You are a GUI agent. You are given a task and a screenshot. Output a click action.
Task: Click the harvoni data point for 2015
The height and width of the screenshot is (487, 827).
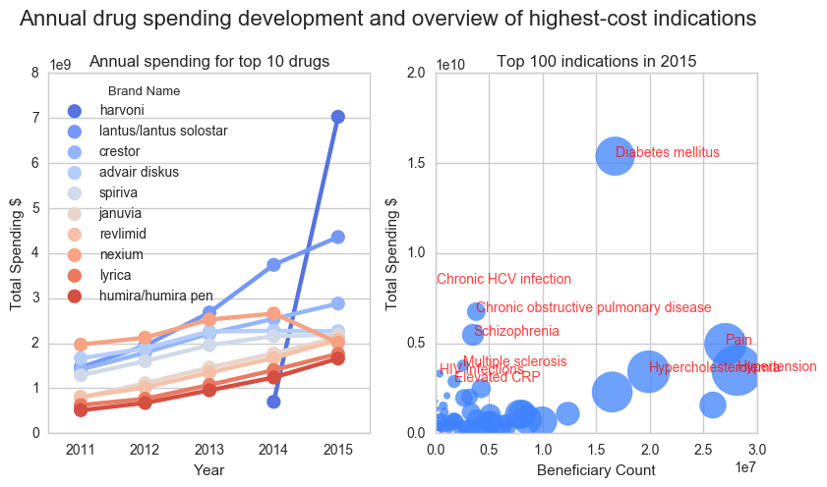pos(337,117)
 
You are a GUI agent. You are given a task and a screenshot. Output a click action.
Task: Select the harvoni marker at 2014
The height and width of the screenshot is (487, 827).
pos(273,401)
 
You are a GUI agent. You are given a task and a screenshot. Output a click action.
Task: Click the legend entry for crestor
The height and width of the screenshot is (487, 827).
pos(119,151)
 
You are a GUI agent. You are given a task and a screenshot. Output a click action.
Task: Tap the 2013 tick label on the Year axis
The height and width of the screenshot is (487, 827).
pos(209,450)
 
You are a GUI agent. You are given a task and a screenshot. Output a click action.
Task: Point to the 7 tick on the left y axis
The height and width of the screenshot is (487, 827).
pos(36,118)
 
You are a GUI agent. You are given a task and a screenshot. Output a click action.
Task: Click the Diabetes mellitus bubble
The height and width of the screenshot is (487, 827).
pos(615,155)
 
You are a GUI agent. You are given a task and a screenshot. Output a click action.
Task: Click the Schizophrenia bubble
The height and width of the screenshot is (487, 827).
pos(473,334)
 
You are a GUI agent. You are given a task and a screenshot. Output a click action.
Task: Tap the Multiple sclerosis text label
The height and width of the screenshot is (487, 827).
pos(514,362)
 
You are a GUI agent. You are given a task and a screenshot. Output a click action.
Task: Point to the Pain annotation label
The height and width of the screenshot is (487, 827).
pos(738,340)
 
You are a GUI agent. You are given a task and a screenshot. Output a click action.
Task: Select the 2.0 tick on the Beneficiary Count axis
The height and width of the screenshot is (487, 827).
pos(649,450)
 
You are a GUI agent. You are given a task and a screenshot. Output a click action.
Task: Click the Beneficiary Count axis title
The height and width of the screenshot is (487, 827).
pos(596,470)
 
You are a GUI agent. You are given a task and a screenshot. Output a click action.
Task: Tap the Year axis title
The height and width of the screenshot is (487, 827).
pos(209,470)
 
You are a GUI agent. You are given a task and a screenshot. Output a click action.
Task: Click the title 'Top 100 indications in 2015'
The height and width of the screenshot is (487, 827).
pos(597,61)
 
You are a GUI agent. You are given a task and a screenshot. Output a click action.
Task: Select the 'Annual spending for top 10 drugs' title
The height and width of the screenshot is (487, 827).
pos(209,61)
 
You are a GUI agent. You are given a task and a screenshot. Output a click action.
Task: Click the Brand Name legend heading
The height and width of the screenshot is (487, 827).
pos(144,91)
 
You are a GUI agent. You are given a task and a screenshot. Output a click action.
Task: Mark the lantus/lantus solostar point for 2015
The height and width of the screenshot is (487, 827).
pos(337,237)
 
